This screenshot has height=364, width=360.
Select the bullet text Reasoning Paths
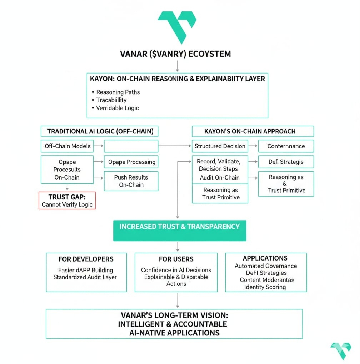118,92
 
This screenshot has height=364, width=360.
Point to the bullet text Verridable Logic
117,108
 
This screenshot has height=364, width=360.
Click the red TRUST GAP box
67,200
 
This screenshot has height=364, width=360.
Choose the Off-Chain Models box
67,146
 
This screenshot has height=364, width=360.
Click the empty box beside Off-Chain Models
131,146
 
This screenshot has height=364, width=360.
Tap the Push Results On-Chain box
131,181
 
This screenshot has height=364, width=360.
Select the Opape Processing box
131,162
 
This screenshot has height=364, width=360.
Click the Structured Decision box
220,146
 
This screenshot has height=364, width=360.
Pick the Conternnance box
286,146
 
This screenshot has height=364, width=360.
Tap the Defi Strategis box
286,162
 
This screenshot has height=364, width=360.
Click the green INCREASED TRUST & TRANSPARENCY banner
179,227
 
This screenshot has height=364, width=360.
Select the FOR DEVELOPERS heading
86,259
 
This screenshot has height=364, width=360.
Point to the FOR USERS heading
176,259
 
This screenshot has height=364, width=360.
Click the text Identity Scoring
265,287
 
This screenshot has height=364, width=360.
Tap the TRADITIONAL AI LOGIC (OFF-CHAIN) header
100,131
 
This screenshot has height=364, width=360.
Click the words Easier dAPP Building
86,270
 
